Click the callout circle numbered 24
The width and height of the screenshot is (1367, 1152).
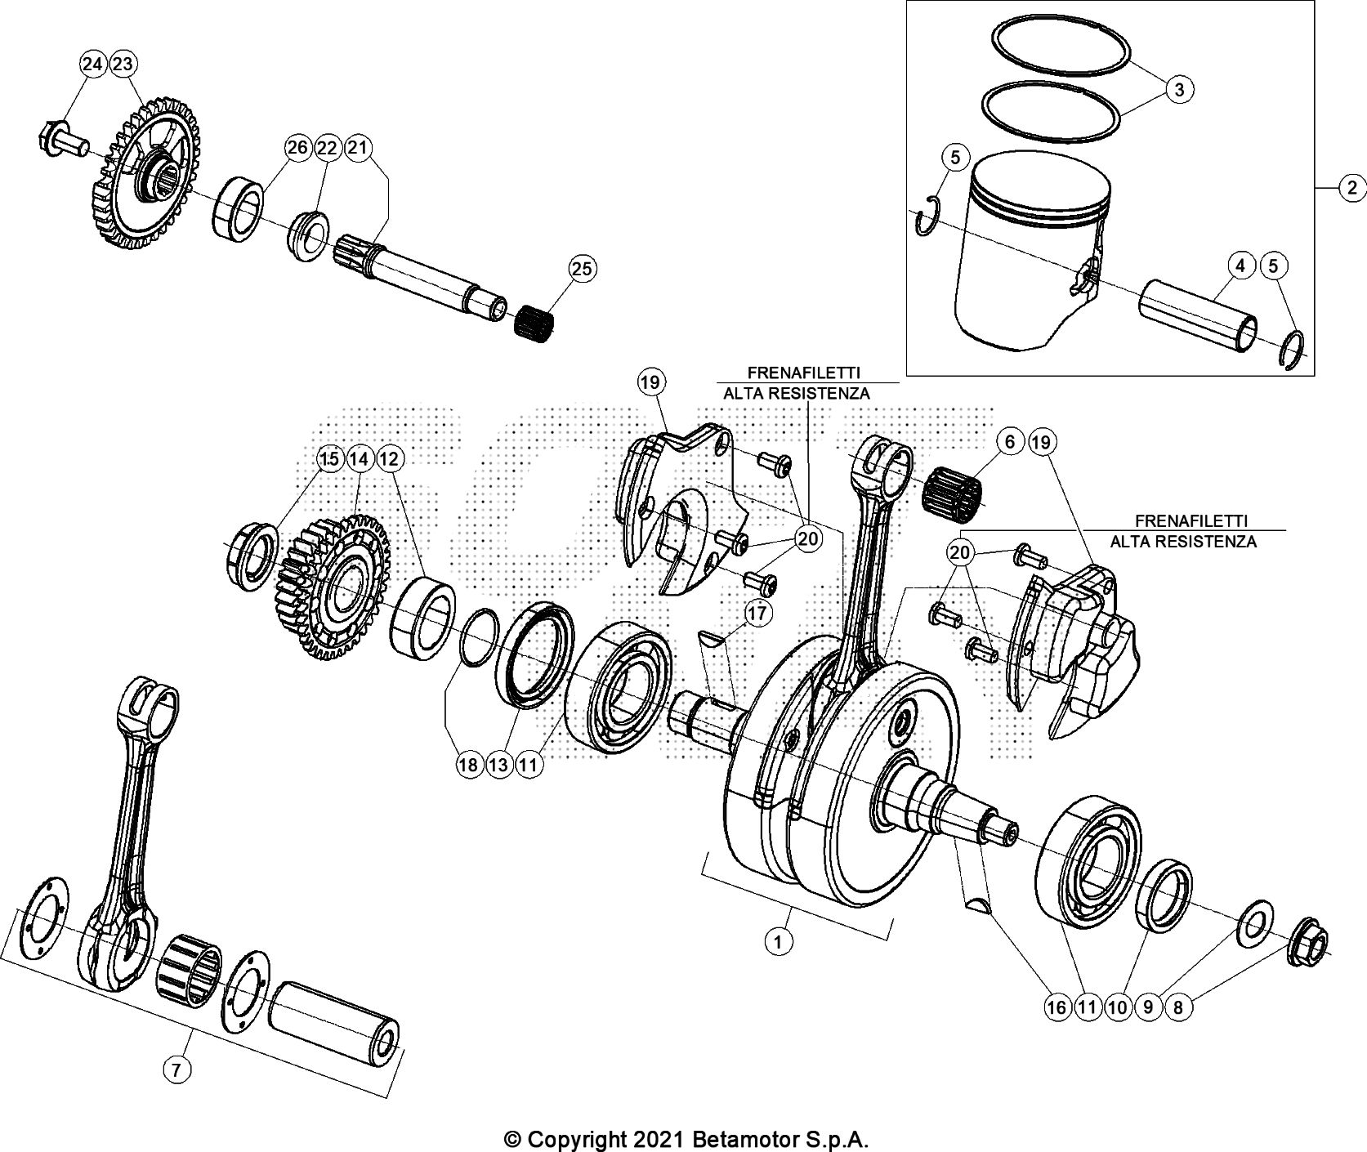(x=93, y=64)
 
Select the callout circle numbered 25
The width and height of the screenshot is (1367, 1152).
(x=583, y=270)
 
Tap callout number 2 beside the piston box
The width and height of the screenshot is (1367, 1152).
(x=1351, y=189)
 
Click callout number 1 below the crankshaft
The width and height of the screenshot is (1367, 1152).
(x=778, y=942)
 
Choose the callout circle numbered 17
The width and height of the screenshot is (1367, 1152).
(x=757, y=613)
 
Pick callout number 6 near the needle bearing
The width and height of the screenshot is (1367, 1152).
(x=1010, y=442)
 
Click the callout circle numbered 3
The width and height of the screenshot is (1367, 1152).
(x=1179, y=89)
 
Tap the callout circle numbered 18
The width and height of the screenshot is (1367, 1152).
(x=468, y=765)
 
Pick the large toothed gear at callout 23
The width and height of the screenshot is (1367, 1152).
(x=147, y=176)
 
